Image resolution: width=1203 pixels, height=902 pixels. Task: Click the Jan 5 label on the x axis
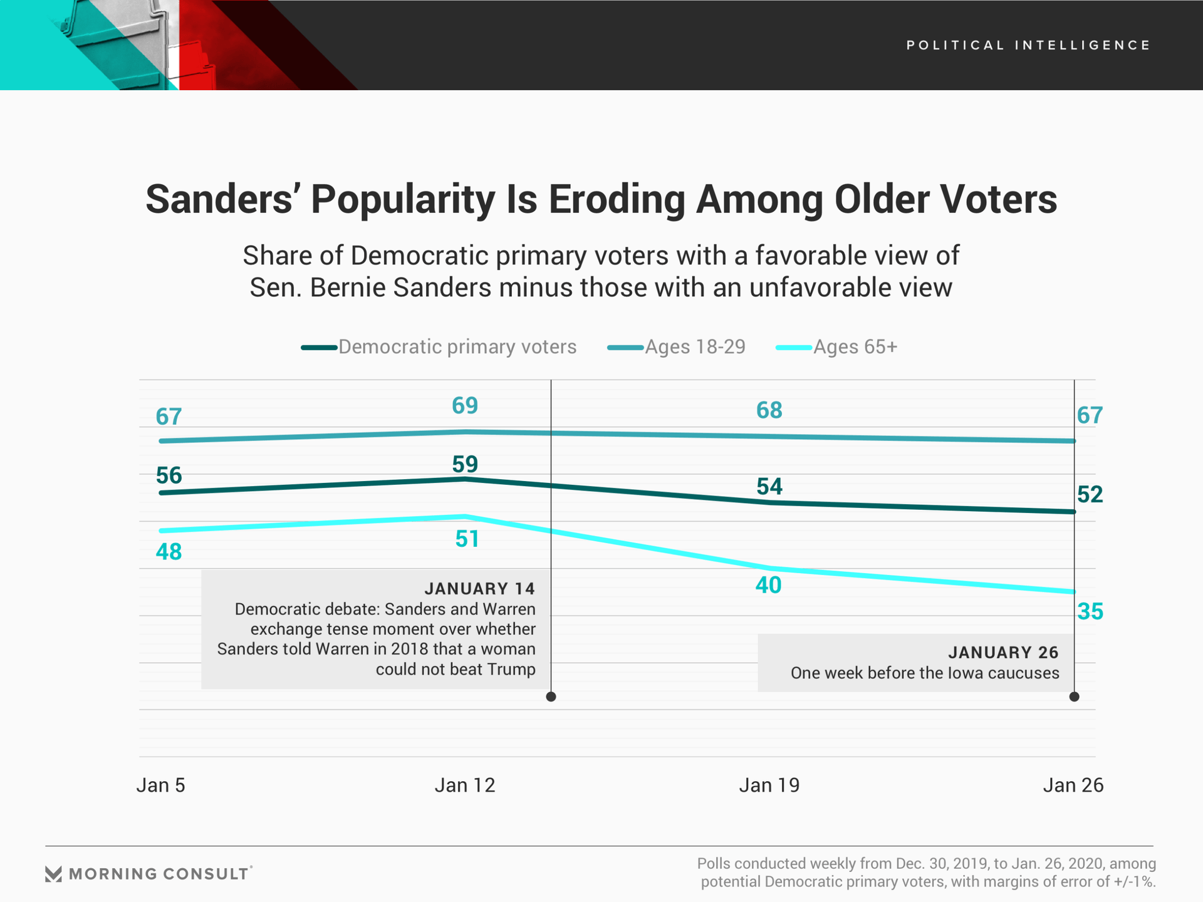coord(161,785)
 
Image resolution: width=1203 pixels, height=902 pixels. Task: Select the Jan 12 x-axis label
coord(465,785)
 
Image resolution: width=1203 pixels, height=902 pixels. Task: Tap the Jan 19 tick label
coord(769,785)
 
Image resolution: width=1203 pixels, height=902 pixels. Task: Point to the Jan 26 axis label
coord(1073,785)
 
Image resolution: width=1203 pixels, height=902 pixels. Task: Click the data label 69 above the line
coord(465,406)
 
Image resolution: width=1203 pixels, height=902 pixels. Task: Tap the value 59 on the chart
coord(465,464)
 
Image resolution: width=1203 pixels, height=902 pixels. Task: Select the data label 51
coord(467,539)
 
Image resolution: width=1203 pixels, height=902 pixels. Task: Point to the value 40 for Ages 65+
coord(769,585)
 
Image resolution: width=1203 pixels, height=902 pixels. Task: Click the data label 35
coord(1090,611)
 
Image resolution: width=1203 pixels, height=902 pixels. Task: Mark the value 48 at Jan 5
coord(169,552)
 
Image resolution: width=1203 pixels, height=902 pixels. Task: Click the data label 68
coord(769,410)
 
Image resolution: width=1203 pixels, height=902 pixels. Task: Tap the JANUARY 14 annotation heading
coord(479,589)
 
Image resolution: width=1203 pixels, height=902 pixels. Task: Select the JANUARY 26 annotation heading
coord(1003,653)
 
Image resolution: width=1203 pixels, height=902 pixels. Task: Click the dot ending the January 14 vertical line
coord(551,697)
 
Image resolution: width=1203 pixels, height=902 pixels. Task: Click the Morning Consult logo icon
coord(54,874)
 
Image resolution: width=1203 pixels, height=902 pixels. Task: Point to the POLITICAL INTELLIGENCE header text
coord(1028,45)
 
